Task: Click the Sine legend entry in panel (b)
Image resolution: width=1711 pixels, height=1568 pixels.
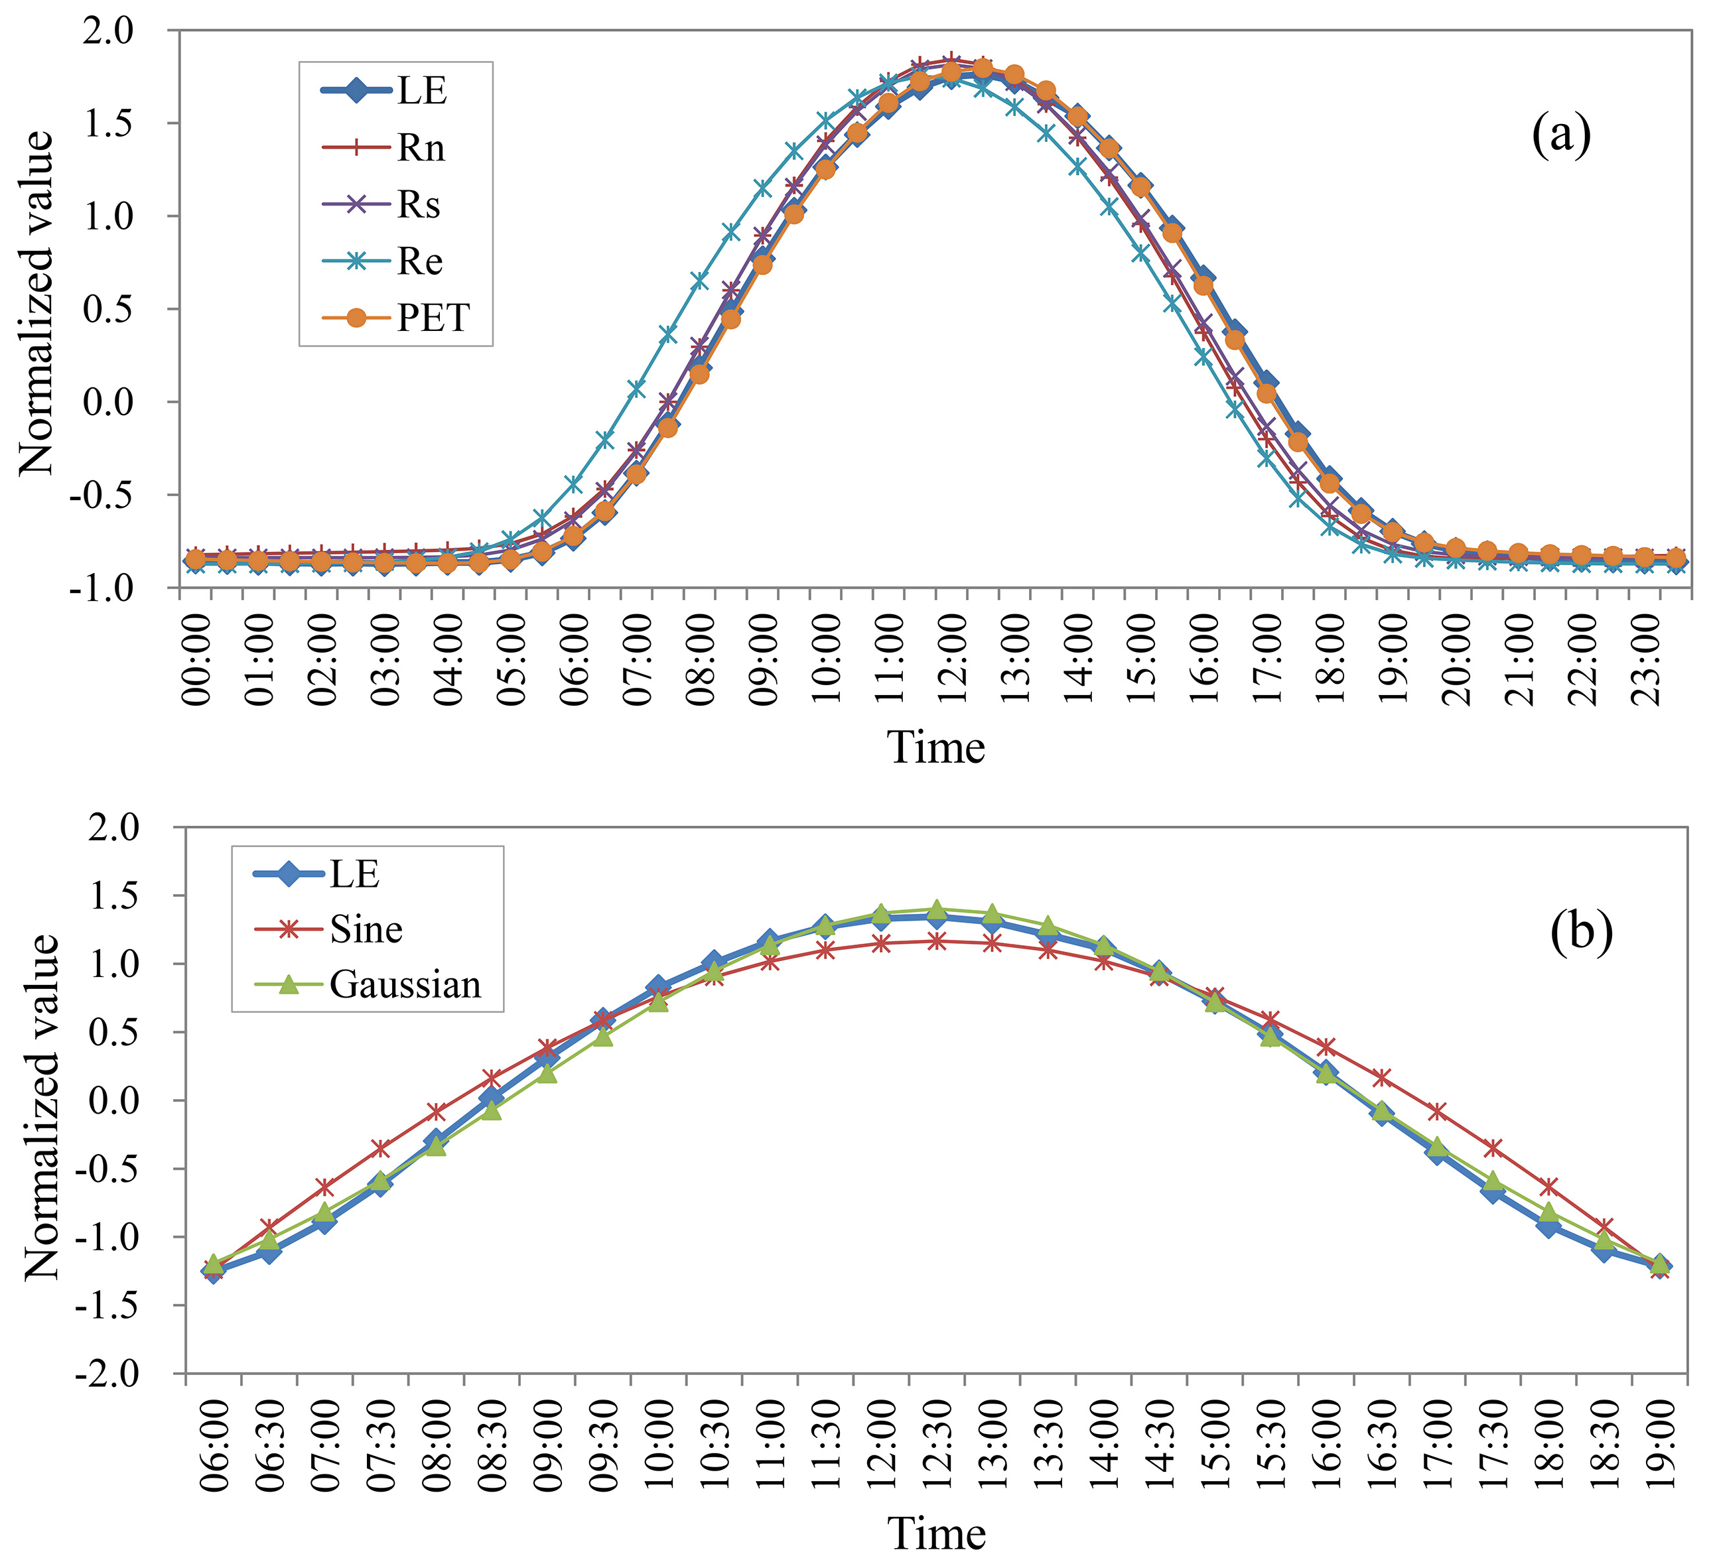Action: (366, 929)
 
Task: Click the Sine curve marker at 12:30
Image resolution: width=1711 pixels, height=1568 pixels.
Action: (936, 941)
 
